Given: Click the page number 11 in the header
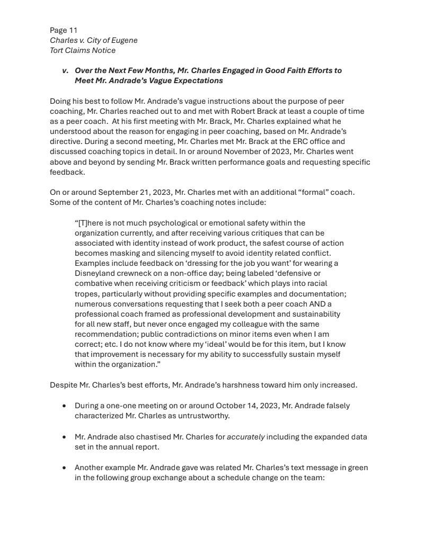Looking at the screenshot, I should coord(73,30).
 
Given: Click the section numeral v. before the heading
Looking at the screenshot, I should coord(65,70).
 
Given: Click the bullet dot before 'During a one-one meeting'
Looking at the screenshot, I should coord(64,406).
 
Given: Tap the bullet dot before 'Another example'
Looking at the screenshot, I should coord(64,468).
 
